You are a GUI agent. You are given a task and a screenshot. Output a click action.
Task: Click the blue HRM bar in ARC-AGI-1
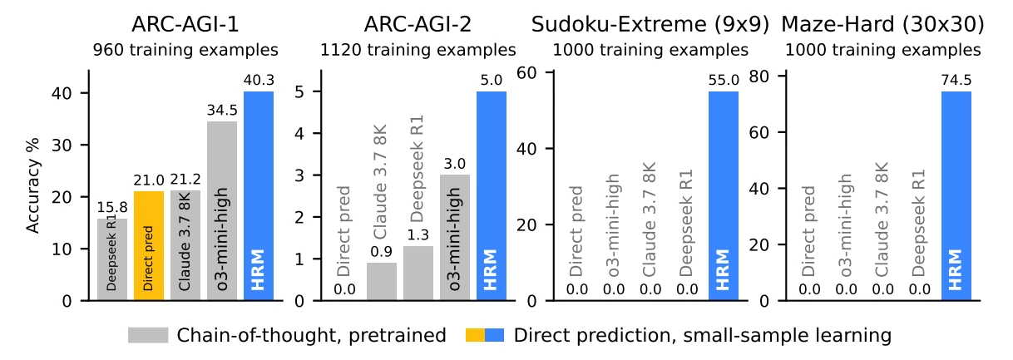pos(258,195)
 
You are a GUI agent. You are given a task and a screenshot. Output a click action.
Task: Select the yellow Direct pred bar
pos(149,245)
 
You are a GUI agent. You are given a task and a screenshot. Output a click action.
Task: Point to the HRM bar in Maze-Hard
pos(956,195)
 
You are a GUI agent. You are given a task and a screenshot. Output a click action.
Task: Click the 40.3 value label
pos(258,81)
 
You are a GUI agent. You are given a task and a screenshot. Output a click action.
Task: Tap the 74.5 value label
pos(956,81)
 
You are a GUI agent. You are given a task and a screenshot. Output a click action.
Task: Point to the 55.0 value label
pos(724,81)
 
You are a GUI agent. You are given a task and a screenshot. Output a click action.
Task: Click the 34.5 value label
pos(222,111)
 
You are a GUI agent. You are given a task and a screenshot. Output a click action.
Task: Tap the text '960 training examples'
pos(185,50)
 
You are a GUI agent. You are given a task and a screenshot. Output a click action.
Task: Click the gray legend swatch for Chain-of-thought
pos(148,335)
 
